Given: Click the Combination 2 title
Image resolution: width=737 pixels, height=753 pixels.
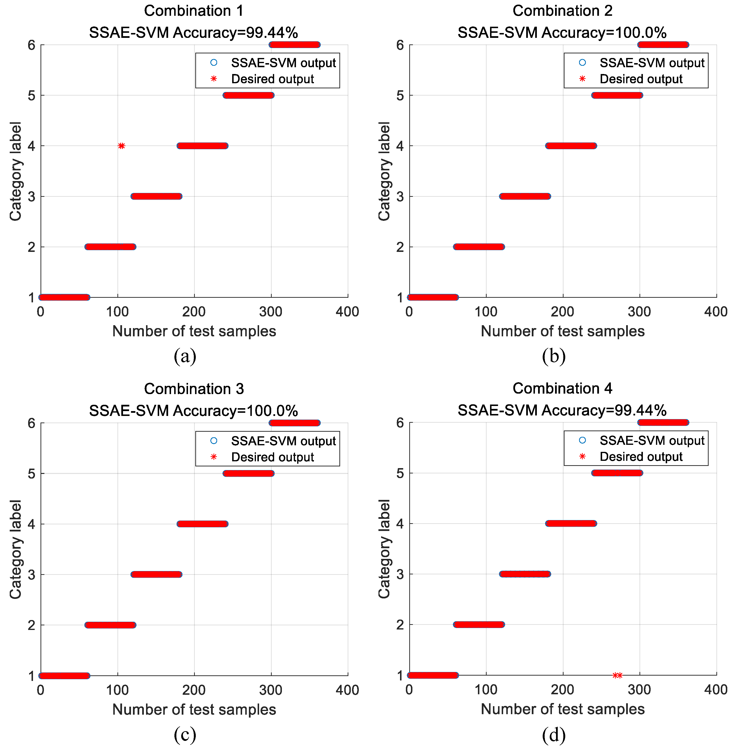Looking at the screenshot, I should coord(562,11).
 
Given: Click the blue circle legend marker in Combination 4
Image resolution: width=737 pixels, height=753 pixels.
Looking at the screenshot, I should coord(582,440).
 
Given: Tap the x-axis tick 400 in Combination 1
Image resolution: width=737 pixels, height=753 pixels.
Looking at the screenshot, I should coord(347,312).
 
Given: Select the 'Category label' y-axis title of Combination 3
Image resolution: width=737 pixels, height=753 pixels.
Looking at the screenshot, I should coord(16,549).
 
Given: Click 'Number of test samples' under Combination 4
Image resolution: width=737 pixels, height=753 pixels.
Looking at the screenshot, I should coord(562,709).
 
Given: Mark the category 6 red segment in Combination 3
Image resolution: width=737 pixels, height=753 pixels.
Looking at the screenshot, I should coord(295,423).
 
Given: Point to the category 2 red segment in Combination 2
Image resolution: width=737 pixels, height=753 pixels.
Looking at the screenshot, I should coord(479,247).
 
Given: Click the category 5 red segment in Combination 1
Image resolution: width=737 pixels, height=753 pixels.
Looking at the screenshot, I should coord(248,95).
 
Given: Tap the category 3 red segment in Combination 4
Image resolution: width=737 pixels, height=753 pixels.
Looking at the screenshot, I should coord(525,574).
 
